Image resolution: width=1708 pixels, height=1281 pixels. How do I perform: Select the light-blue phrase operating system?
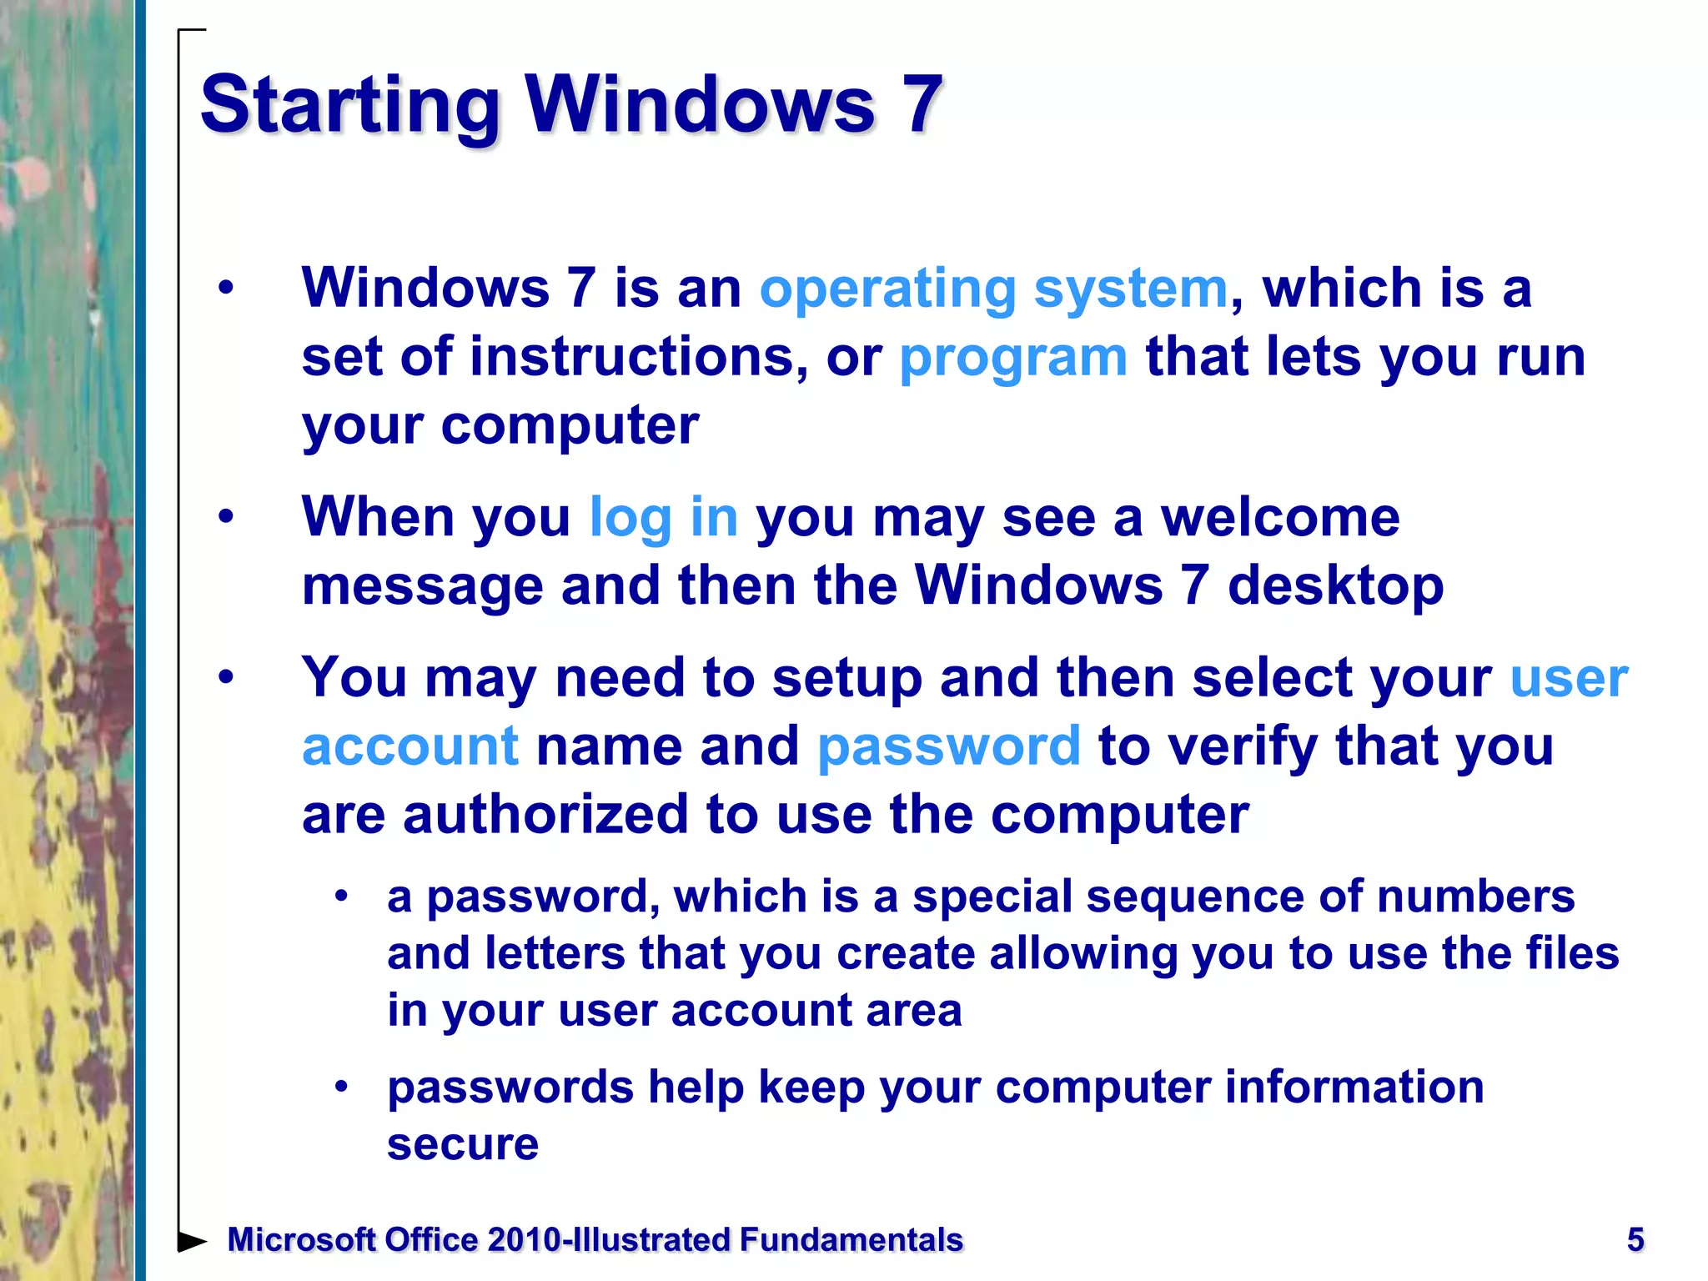click(993, 289)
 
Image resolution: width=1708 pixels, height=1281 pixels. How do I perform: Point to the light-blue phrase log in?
click(663, 518)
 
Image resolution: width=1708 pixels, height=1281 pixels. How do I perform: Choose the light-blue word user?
click(1569, 678)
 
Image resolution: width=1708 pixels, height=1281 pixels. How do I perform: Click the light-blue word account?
click(410, 746)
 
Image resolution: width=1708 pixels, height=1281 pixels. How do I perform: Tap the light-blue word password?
click(949, 746)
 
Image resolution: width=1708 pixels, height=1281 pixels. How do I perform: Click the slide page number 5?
click(1635, 1239)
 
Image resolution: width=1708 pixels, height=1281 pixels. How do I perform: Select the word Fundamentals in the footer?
click(851, 1240)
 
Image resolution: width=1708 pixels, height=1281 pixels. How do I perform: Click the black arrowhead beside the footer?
click(192, 1241)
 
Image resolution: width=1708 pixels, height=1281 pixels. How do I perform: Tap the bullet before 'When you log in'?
click(226, 517)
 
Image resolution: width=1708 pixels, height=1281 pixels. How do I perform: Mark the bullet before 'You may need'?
click(226, 676)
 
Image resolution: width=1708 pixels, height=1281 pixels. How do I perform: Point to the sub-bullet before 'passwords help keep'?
click(340, 1086)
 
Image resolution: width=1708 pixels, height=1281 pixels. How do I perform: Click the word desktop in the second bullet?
click(1335, 585)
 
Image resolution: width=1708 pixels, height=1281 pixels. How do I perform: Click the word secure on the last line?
click(463, 1143)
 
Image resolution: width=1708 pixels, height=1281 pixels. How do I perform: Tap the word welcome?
click(1280, 518)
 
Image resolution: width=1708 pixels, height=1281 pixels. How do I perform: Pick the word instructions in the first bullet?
click(638, 357)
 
